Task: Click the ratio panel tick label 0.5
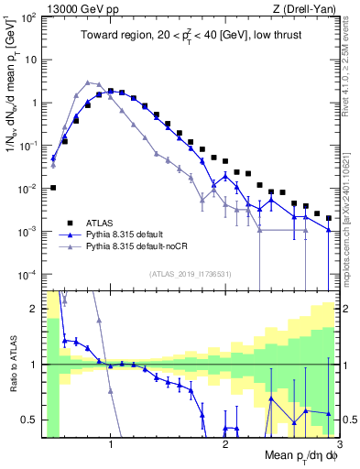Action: point(29,420)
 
